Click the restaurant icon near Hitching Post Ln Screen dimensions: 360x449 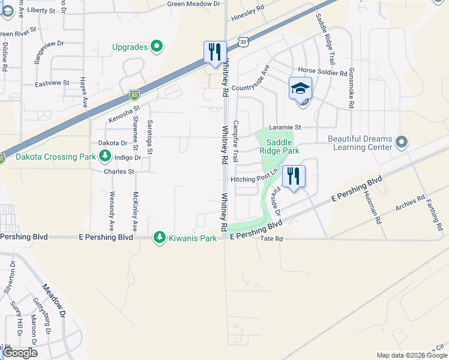[x=294, y=176]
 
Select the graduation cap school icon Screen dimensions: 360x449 [x=300, y=88]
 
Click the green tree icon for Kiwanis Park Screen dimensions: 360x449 [x=159, y=238]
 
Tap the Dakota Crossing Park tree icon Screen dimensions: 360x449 [x=105, y=157]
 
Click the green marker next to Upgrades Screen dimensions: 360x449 [x=157, y=46]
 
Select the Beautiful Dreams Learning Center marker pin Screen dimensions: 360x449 [x=402, y=142]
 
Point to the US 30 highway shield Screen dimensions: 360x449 [x=242, y=41]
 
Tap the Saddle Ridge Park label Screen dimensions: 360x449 [x=279, y=146]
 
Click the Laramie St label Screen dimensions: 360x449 [x=285, y=127]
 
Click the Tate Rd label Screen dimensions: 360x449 [x=271, y=239]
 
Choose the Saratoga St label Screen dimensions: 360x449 [x=150, y=137]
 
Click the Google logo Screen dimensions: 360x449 [x=20, y=353]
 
